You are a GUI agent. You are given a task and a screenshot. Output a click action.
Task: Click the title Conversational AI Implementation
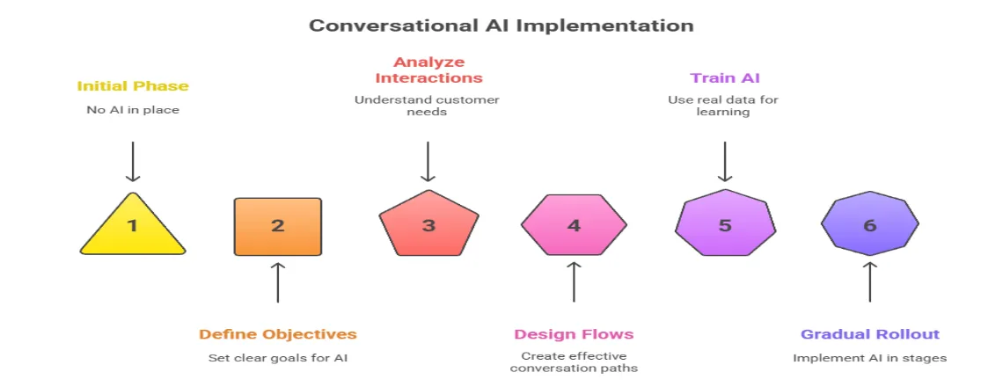pyautogui.click(x=501, y=26)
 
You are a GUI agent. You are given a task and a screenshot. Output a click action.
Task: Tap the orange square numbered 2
pyautogui.click(x=277, y=226)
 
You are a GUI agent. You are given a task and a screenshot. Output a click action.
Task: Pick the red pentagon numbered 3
pyautogui.click(x=428, y=225)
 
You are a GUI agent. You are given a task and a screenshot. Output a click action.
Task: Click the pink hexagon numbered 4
pyautogui.click(x=574, y=226)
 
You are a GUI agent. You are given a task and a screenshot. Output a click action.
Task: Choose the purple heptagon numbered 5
pyautogui.click(x=725, y=225)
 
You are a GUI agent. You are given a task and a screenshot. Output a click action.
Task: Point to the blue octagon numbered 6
pyautogui.click(x=869, y=225)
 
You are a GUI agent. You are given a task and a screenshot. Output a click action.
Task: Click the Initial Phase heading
pyautogui.click(x=133, y=86)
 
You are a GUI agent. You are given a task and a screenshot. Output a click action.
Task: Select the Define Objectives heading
pyautogui.click(x=277, y=334)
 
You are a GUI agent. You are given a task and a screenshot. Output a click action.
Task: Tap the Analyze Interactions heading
pyautogui.click(x=428, y=70)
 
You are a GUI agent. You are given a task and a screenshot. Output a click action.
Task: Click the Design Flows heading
pyautogui.click(x=574, y=334)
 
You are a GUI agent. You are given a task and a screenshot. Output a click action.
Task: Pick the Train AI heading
pyautogui.click(x=725, y=78)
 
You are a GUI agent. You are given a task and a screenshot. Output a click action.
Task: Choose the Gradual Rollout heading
pyautogui.click(x=869, y=334)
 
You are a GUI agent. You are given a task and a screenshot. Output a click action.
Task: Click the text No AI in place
pyautogui.click(x=133, y=109)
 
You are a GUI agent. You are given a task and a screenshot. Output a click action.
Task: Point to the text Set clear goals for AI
pyautogui.click(x=277, y=358)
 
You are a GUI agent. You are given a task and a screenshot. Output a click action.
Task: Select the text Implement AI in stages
pyautogui.click(x=869, y=358)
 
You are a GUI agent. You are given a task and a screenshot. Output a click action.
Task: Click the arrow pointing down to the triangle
pyautogui.click(x=133, y=161)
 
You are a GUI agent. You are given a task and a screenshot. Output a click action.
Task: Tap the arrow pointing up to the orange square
pyautogui.click(x=277, y=281)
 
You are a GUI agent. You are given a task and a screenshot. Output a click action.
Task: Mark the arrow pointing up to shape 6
pyautogui.click(x=869, y=281)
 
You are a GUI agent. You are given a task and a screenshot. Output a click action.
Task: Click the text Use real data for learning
pyautogui.click(x=725, y=106)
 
